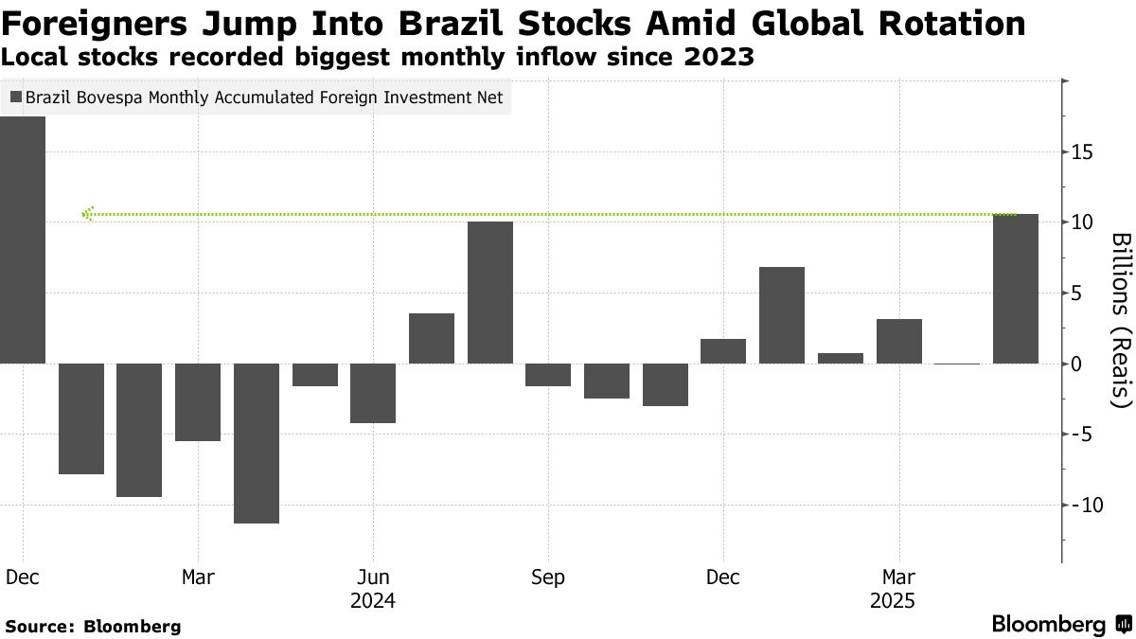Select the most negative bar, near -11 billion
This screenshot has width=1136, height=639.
[256, 442]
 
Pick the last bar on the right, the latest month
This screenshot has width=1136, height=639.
[1015, 289]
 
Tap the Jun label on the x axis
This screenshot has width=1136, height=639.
[373, 577]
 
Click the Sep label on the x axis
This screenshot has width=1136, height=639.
[548, 577]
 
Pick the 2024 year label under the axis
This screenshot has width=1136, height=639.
[373, 600]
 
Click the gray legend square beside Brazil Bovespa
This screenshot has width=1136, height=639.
[16, 97]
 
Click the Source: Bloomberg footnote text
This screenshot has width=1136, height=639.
[92, 627]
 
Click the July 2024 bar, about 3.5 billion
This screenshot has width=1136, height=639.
[431, 338]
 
